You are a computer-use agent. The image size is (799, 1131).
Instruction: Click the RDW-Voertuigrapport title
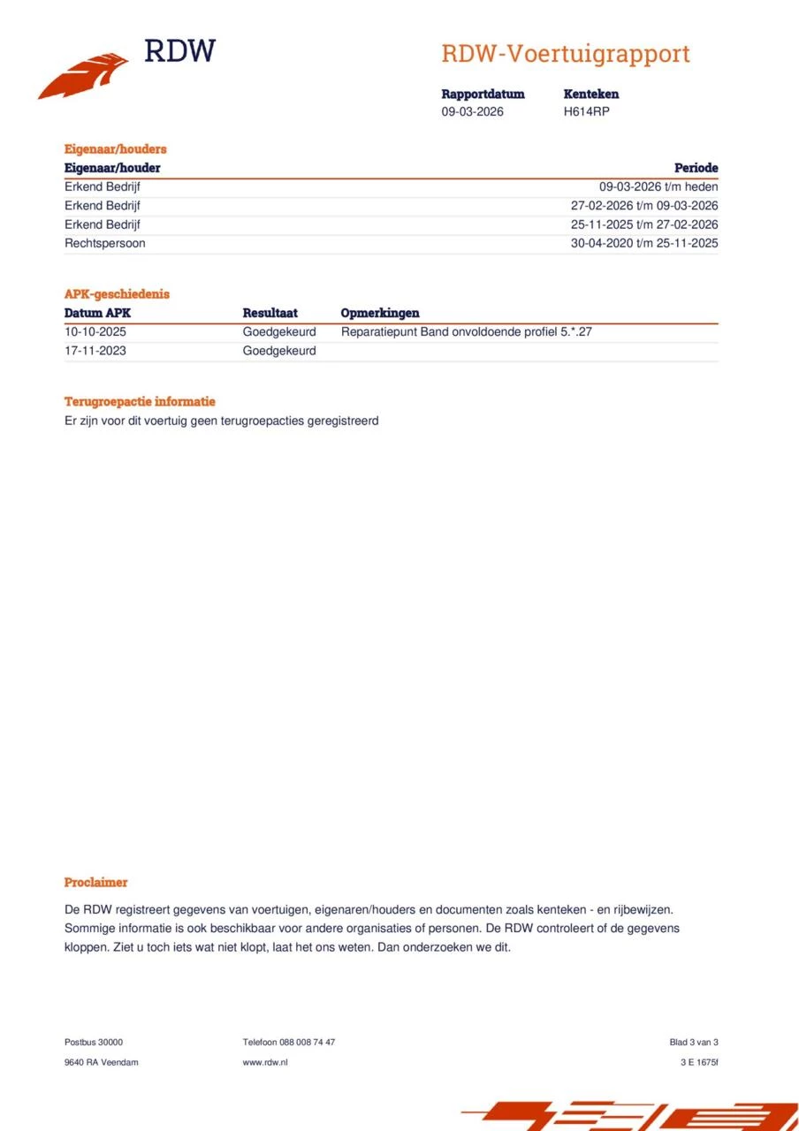(x=565, y=54)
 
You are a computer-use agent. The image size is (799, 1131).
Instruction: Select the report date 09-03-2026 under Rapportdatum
(x=472, y=111)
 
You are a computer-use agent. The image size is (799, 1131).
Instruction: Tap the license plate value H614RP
(x=586, y=111)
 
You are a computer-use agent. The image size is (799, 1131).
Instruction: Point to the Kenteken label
(x=590, y=94)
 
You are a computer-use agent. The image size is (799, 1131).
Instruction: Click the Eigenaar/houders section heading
(x=115, y=149)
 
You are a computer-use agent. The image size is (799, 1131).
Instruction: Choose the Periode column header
(x=696, y=168)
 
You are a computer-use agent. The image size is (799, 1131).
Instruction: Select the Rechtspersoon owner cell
(x=104, y=243)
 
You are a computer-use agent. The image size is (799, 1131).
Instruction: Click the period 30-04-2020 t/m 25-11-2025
(x=643, y=243)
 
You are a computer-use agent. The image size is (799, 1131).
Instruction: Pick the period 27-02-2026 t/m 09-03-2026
(x=643, y=205)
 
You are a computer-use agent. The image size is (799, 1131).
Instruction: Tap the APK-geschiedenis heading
(x=117, y=294)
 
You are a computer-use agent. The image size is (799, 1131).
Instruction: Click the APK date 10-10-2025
(x=95, y=332)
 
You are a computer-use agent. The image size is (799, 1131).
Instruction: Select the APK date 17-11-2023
(x=95, y=351)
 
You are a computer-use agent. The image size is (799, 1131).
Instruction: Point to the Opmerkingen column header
(x=379, y=313)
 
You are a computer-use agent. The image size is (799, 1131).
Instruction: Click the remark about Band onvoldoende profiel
(x=465, y=332)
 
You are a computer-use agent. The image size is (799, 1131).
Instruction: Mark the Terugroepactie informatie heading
(x=140, y=401)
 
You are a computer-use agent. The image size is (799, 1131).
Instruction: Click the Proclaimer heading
(x=95, y=882)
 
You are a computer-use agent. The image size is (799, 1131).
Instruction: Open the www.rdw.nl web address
(x=264, y=1062)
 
